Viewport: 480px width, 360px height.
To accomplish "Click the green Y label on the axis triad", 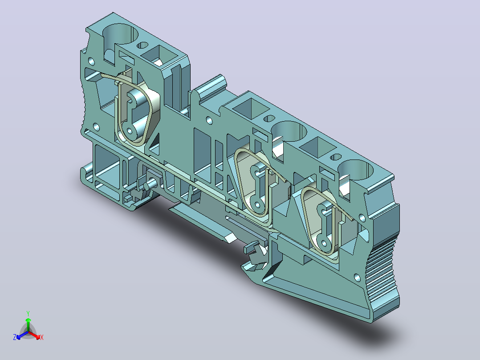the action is (28, 313).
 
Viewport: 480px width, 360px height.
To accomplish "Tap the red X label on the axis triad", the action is (42, 337).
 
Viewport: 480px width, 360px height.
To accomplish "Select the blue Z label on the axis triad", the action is (15, 337).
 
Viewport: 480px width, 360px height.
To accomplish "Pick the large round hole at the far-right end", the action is (356, 170).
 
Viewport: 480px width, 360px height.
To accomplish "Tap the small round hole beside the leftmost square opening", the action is (142, 45).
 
